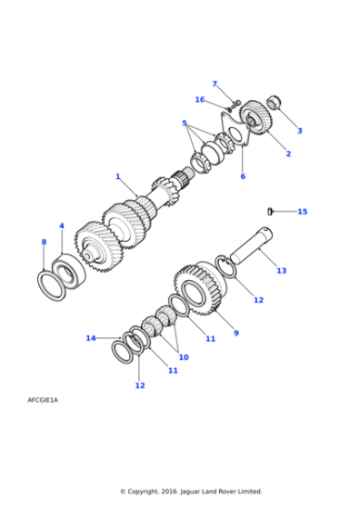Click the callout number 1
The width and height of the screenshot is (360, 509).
[x=118, y=176]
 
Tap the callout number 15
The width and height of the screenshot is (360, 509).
[x=302, y=212]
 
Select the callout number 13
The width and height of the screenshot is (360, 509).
[x=282, y=271]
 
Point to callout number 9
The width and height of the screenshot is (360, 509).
[x=236, y=333]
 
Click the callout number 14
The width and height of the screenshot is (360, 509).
[x=91, y=338]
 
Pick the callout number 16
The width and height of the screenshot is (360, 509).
[x=200, y=99]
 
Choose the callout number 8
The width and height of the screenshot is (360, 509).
[x=45, y=242]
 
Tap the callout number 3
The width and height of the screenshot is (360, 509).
[x=300, y=131]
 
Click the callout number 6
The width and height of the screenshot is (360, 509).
[x=243, y=176]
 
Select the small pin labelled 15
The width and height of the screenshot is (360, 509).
[x=270, y=211]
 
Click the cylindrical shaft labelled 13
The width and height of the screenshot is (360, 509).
[x=252, y=245]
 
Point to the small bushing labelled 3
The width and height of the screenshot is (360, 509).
[x=274, y=103]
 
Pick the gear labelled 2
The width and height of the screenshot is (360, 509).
[x=255, y=117]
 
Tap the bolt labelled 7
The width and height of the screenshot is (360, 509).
[x=235, y=105]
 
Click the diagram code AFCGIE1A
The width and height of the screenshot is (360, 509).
[x=43, y=400]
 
